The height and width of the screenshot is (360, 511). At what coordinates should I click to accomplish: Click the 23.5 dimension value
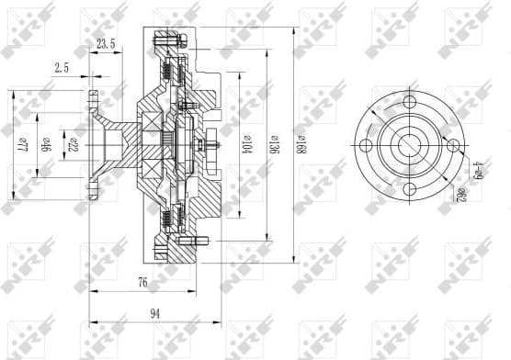coord(106,43)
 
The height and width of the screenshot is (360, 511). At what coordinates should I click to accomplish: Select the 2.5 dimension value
coord(62,67)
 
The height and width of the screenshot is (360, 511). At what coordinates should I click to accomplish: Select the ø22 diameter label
coord(74,144)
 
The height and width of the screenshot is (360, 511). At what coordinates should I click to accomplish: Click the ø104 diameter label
coord(246,146)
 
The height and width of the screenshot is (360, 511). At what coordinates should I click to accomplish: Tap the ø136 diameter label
coord(273,146)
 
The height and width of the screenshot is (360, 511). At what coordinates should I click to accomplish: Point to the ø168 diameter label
coord(301,146)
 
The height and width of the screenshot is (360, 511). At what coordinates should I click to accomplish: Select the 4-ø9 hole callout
coord(477,169)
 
